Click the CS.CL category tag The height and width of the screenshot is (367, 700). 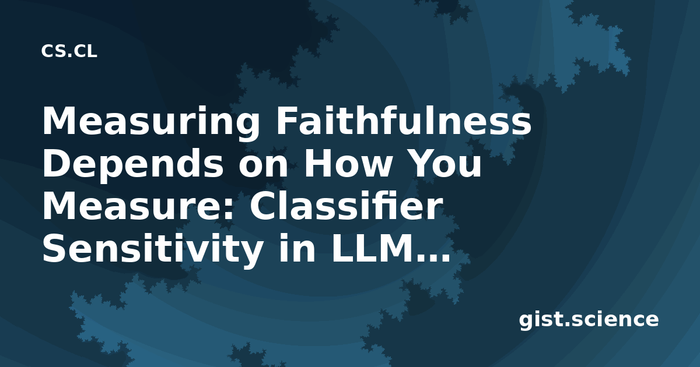(69, 51)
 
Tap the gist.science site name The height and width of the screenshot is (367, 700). (589, 320)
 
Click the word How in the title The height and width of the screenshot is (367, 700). (346, 163)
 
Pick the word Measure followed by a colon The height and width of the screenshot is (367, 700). (138, 206)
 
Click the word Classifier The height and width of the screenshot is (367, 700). (346, 206)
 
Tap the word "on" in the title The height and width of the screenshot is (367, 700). (263, 167)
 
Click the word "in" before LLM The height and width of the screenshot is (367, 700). (296, 248)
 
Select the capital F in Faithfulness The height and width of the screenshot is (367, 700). (286, 121)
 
